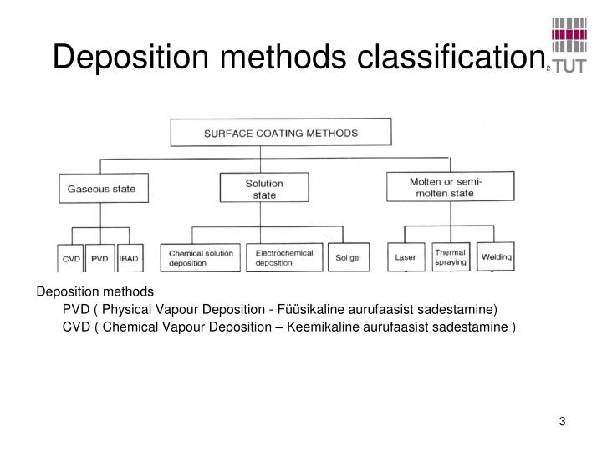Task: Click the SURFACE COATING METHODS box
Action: (x=281, y=133)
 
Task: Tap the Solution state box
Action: (x=263, y=189)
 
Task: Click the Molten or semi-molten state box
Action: (x=451, y=187)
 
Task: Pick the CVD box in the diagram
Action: (x=71, y=258)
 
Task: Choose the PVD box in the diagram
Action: (x=100, y=258)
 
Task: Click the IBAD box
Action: (x=130, y=258)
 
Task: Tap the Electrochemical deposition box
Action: (x=284, y=257)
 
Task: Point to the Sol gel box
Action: (x=349, y=257)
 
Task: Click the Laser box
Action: (x=406, y=256)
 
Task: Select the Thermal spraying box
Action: (x=451, y=256)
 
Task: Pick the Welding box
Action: (x=497, y=256)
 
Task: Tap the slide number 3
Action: (x=563, y=420)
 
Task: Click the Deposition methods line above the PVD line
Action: (x=94, y=291)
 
